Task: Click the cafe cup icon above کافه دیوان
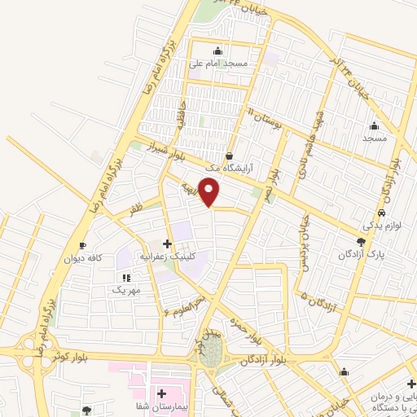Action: (x=83, y=245)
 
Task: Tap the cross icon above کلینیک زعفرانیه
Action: (x=167, y=244)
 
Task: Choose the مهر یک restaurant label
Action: (x=126, y=289)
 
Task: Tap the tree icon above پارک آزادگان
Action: (x=362, y=241)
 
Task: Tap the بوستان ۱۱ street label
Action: (x=266, y=119)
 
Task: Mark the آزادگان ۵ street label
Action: (x=314, y=297)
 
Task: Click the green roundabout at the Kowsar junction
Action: (x=210, y=352)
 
